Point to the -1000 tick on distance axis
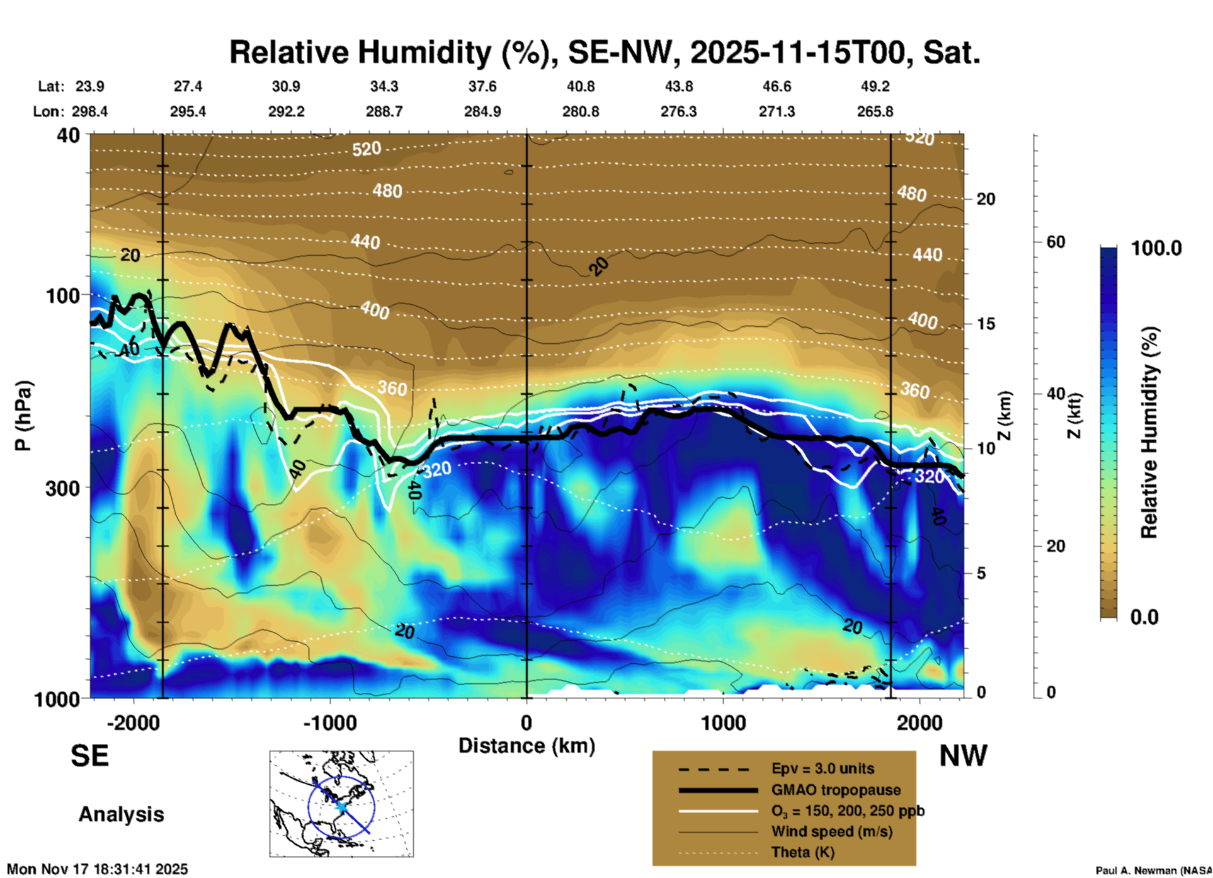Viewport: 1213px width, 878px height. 330,723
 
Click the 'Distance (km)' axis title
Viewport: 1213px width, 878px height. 527,746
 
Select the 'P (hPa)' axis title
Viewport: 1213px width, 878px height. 23,416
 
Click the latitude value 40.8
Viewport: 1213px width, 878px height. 580,86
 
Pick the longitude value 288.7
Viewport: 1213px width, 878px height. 384,111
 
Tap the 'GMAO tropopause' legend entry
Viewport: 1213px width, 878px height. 836,790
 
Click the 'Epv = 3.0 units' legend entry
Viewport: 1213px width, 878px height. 823,768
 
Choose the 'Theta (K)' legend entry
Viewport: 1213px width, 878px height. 802,852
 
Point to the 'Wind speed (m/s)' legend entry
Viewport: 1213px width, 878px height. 831,831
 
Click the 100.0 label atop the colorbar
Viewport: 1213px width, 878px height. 1156,248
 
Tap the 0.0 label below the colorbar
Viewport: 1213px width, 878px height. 1144,617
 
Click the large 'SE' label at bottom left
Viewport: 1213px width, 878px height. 89,756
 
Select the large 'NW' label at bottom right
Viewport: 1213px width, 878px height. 963,756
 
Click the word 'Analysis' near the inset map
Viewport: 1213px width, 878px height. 121,814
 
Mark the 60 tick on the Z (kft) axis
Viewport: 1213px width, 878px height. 1056,242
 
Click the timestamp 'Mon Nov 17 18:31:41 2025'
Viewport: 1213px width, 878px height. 98,869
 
